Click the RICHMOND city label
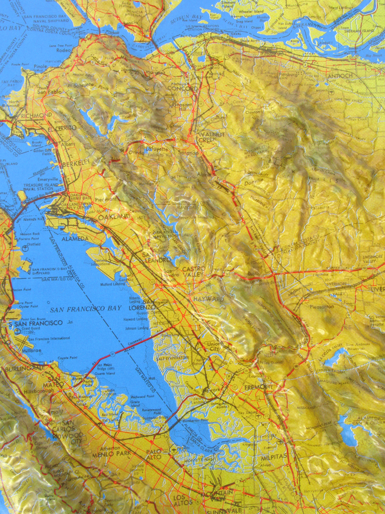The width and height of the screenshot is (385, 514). (36, 115)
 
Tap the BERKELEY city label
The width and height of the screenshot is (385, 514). (76, 163)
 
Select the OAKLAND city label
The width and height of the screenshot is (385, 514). (114, 217)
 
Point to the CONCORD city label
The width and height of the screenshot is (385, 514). (182, 89)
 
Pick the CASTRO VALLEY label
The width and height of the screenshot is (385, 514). (194, 272)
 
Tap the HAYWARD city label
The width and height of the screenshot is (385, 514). (209, 299)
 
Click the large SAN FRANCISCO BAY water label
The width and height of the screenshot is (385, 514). (85, 308)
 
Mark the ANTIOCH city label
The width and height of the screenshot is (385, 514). (340, 76)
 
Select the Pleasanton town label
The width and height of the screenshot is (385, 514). (321, 306)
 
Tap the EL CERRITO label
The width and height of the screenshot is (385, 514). (62, 128)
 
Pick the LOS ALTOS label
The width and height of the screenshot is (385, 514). (182, 500)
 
